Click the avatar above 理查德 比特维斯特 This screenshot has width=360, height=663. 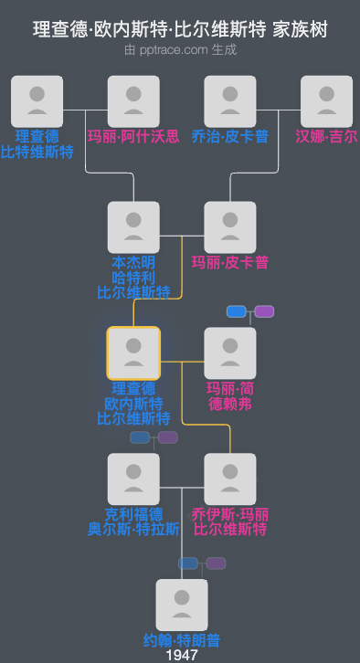(37, 101)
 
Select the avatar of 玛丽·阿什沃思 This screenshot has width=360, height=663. (133, 101)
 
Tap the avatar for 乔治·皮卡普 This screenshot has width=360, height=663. (230, 101)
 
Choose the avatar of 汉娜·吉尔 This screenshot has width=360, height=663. (326, 101)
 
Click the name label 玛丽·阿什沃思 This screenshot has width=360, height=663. (133, 136)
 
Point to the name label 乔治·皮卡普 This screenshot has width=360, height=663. (230, 136)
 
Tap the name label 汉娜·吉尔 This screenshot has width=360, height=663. (326, 136)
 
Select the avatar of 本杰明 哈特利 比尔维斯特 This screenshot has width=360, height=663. (133, 227)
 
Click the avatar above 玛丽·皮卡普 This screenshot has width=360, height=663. (230, 227)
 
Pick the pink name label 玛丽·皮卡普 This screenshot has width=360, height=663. (230, 262)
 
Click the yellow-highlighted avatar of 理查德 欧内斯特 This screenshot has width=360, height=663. (133, 353)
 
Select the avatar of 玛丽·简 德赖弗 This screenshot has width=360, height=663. (230, 353)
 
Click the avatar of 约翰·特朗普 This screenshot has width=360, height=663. (182, 605)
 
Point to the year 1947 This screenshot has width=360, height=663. (182, 655)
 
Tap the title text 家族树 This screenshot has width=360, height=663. (300, 29)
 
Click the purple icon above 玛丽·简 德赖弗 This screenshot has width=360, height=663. (264, 311)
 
